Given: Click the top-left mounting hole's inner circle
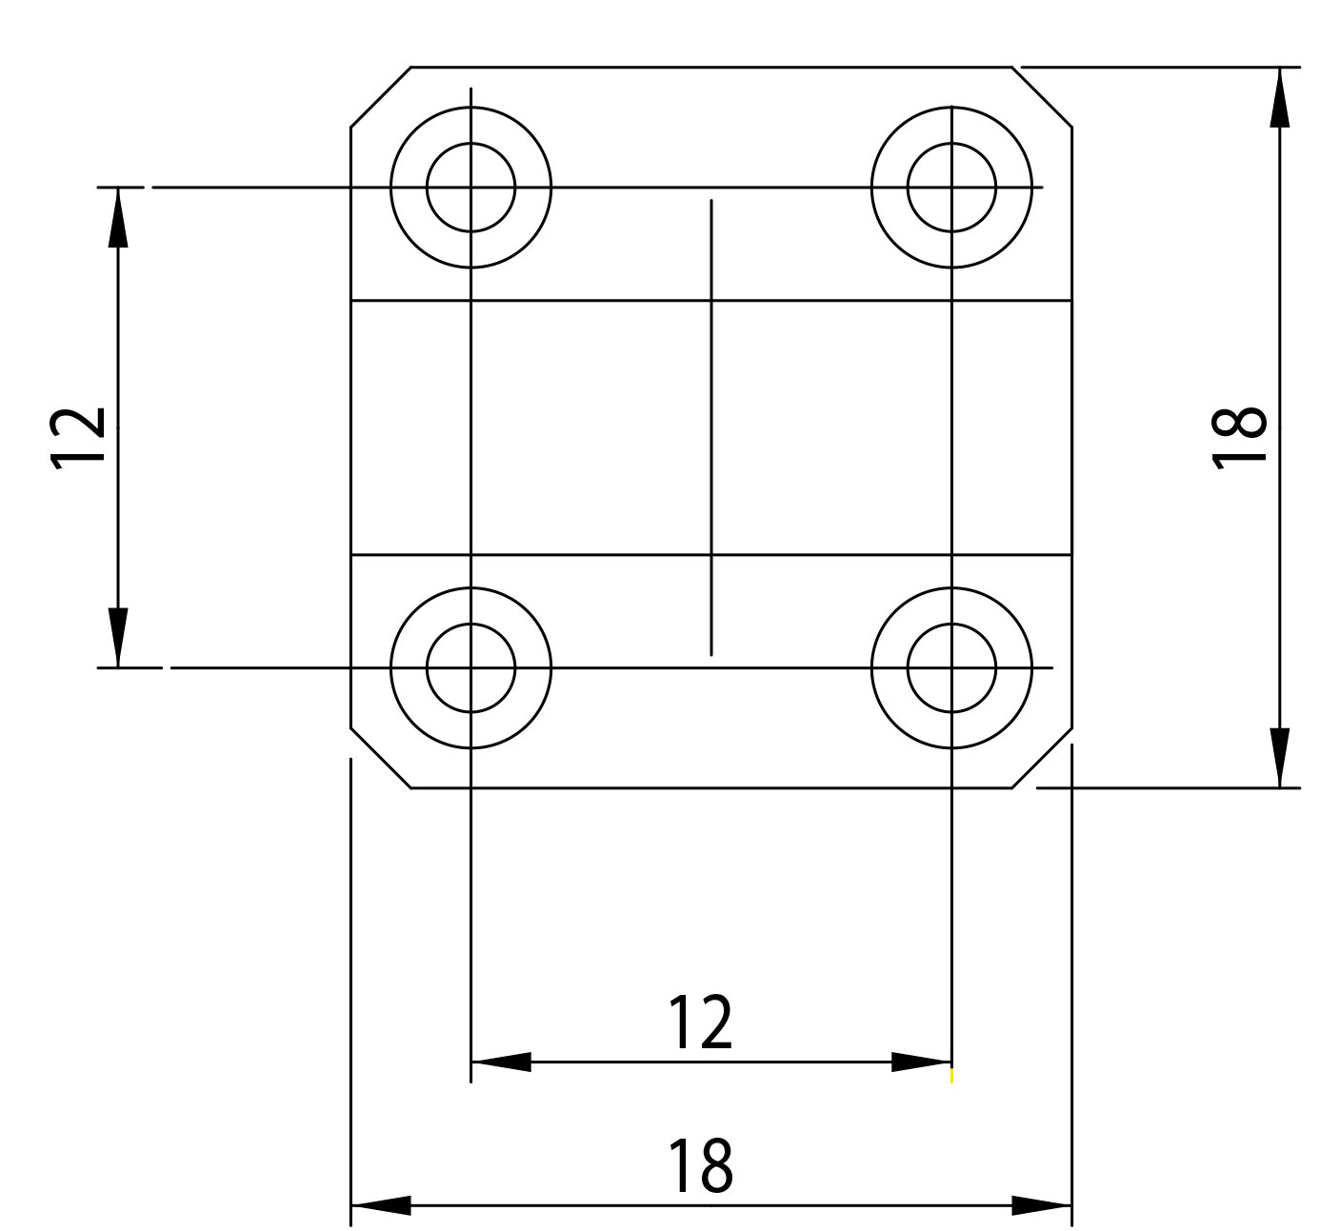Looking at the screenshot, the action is pyautogui.click(x=427, y=187).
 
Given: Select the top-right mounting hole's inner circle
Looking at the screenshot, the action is pyautogui.click(x=908, y=187).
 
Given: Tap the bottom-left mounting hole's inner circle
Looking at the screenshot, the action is pyautogui.click(x=427, y=668).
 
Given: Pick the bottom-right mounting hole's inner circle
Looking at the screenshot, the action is pyautogui.click(x=908, y=668).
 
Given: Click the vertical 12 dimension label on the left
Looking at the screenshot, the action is pyautogui.click(x=77, y=438).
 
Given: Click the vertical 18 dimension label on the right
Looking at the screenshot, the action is pyautogui.click(x=1238, y=438).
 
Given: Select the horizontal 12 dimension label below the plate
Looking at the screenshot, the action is pyautogui.click(x=700, y=1023).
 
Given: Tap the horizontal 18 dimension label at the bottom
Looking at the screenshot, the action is pyautogui.click(x=700, y=1165).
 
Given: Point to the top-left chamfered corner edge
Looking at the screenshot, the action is pyautogui.click(x=381, y=97).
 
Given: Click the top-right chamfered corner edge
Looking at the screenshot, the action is pyautogui.click(x=1042, y=97).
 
